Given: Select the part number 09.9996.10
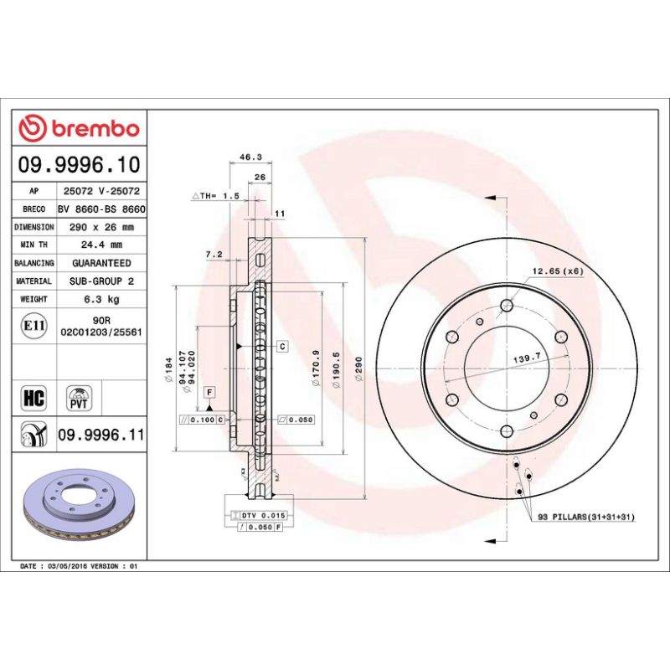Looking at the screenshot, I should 80,164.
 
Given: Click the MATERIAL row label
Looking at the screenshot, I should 34,281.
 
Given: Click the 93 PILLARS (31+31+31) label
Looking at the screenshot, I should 587,518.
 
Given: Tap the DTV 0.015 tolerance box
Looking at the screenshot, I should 264,514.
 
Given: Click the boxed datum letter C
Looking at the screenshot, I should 282,346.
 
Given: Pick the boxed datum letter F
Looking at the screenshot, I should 209,392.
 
